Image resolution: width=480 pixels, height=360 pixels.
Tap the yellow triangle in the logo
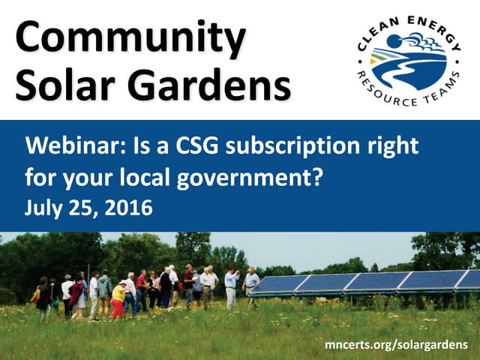381,54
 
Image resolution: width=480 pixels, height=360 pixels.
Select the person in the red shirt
141,289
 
